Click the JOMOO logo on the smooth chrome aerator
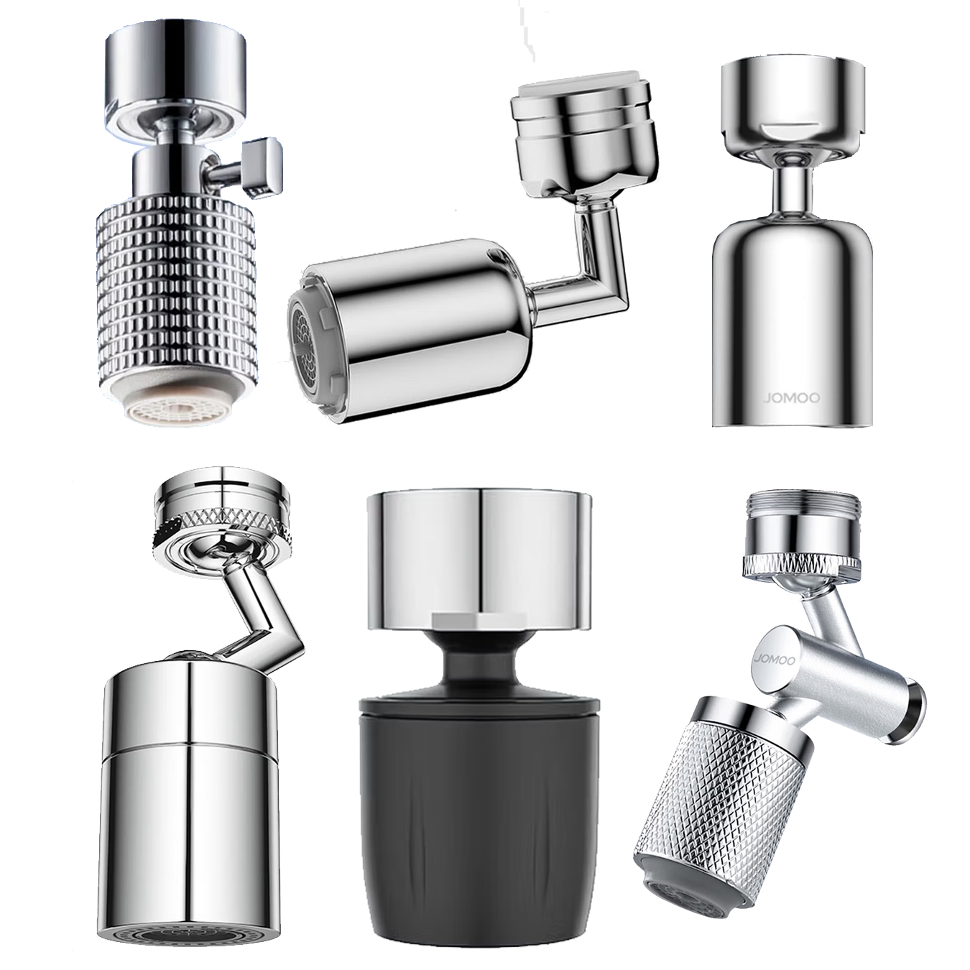point(791,398)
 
